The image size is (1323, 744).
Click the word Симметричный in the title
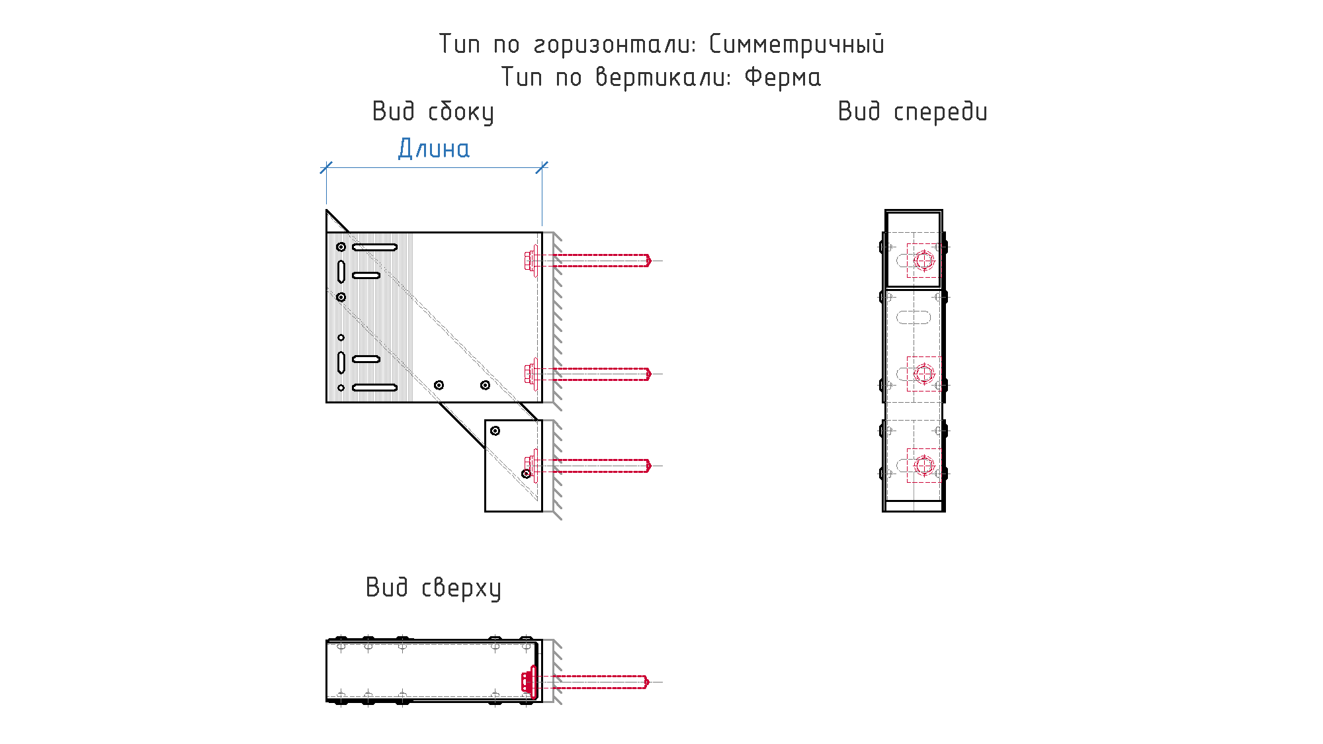click(796, 45)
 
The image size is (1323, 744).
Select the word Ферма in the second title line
click(783, 77)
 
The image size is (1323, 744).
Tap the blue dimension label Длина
click(434, 149)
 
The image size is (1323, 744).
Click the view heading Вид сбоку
click(433, 112)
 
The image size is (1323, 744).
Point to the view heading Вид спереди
click(913, 112)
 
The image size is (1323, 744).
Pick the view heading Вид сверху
click(433, 588)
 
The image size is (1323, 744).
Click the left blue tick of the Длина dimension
click(326, 167)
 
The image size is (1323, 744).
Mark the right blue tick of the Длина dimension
click(542, 167)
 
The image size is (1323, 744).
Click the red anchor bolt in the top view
click(585, 682)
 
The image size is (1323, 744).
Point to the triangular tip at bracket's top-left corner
click(327, 210)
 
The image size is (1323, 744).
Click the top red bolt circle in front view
click(924, 261)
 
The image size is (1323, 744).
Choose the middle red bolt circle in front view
click(924, 374)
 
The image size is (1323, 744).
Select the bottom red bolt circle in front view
click(924, 466)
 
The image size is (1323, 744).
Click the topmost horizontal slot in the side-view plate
click(374, 247)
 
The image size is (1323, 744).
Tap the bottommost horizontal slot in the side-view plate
click(374, 388)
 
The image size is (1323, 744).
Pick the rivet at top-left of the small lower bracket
click(495, 431)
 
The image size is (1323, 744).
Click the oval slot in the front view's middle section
click(914, 317)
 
